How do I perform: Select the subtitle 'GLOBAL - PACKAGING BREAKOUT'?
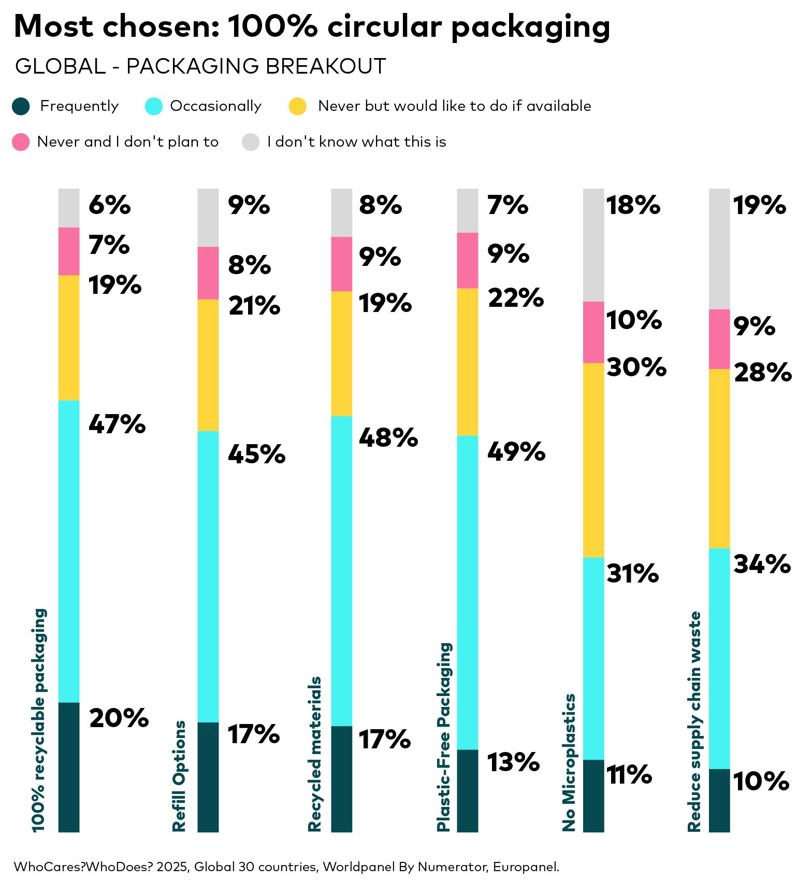(200, 66)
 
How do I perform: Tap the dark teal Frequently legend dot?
(21, 106)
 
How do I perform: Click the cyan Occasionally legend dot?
(154, 106)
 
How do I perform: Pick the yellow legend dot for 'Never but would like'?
(298, 106)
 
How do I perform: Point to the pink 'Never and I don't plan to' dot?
(21, 142)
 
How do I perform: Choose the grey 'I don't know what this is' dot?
(251, 142)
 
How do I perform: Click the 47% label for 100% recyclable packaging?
(117, 424)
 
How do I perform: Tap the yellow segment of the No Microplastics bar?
(593, 460)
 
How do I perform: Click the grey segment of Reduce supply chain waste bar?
(719, 249)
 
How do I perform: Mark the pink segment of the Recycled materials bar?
(341, 264)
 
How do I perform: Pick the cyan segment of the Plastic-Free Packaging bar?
(468, 592)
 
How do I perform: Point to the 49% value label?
(516, 452)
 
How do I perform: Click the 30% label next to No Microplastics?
(636, 367)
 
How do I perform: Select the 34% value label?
(762, 564)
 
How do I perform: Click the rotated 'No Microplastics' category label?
(569, 762)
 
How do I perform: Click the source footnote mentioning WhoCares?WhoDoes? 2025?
(286, 867)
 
